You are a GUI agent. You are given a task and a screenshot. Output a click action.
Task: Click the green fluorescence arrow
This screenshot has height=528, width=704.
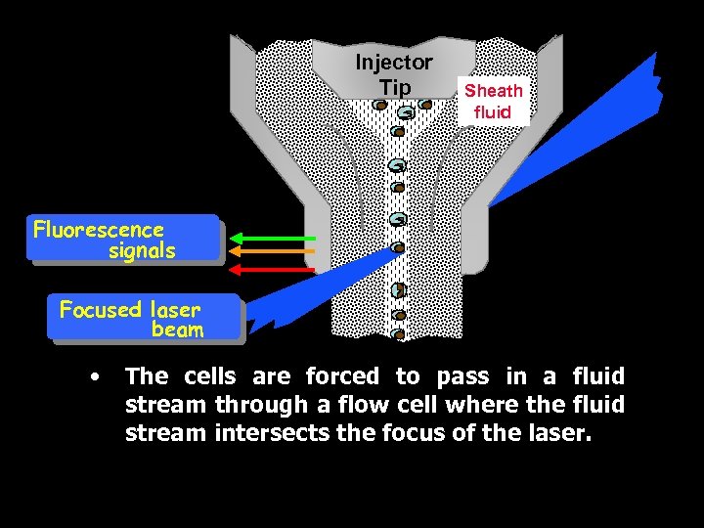pyautogui.click(x=277, y=238)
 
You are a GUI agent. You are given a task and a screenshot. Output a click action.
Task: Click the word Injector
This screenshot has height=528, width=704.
pyautogui.click(x=394, y=63)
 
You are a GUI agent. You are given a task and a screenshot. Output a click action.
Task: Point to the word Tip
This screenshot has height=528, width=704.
pyautogui.click(x=395, y=87)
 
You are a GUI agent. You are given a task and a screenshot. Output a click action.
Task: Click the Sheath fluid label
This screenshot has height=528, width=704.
pyautogui.click(x=493, y=101)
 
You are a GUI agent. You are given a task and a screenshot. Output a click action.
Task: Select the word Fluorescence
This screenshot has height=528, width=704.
pyautogui.click(x=99, y=230)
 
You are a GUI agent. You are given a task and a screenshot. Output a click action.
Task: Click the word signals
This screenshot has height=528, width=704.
pyautogui.click(x=142, y=250)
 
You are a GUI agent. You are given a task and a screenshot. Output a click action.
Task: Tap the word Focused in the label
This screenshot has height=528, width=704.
pyautogui.click(x=101, y=310)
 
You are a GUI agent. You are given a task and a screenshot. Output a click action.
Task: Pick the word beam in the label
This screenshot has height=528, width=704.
pyautogui.click(x=177, y=330)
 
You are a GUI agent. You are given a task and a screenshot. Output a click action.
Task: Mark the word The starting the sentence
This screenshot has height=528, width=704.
pyautogui.click(x=147, y=376)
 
